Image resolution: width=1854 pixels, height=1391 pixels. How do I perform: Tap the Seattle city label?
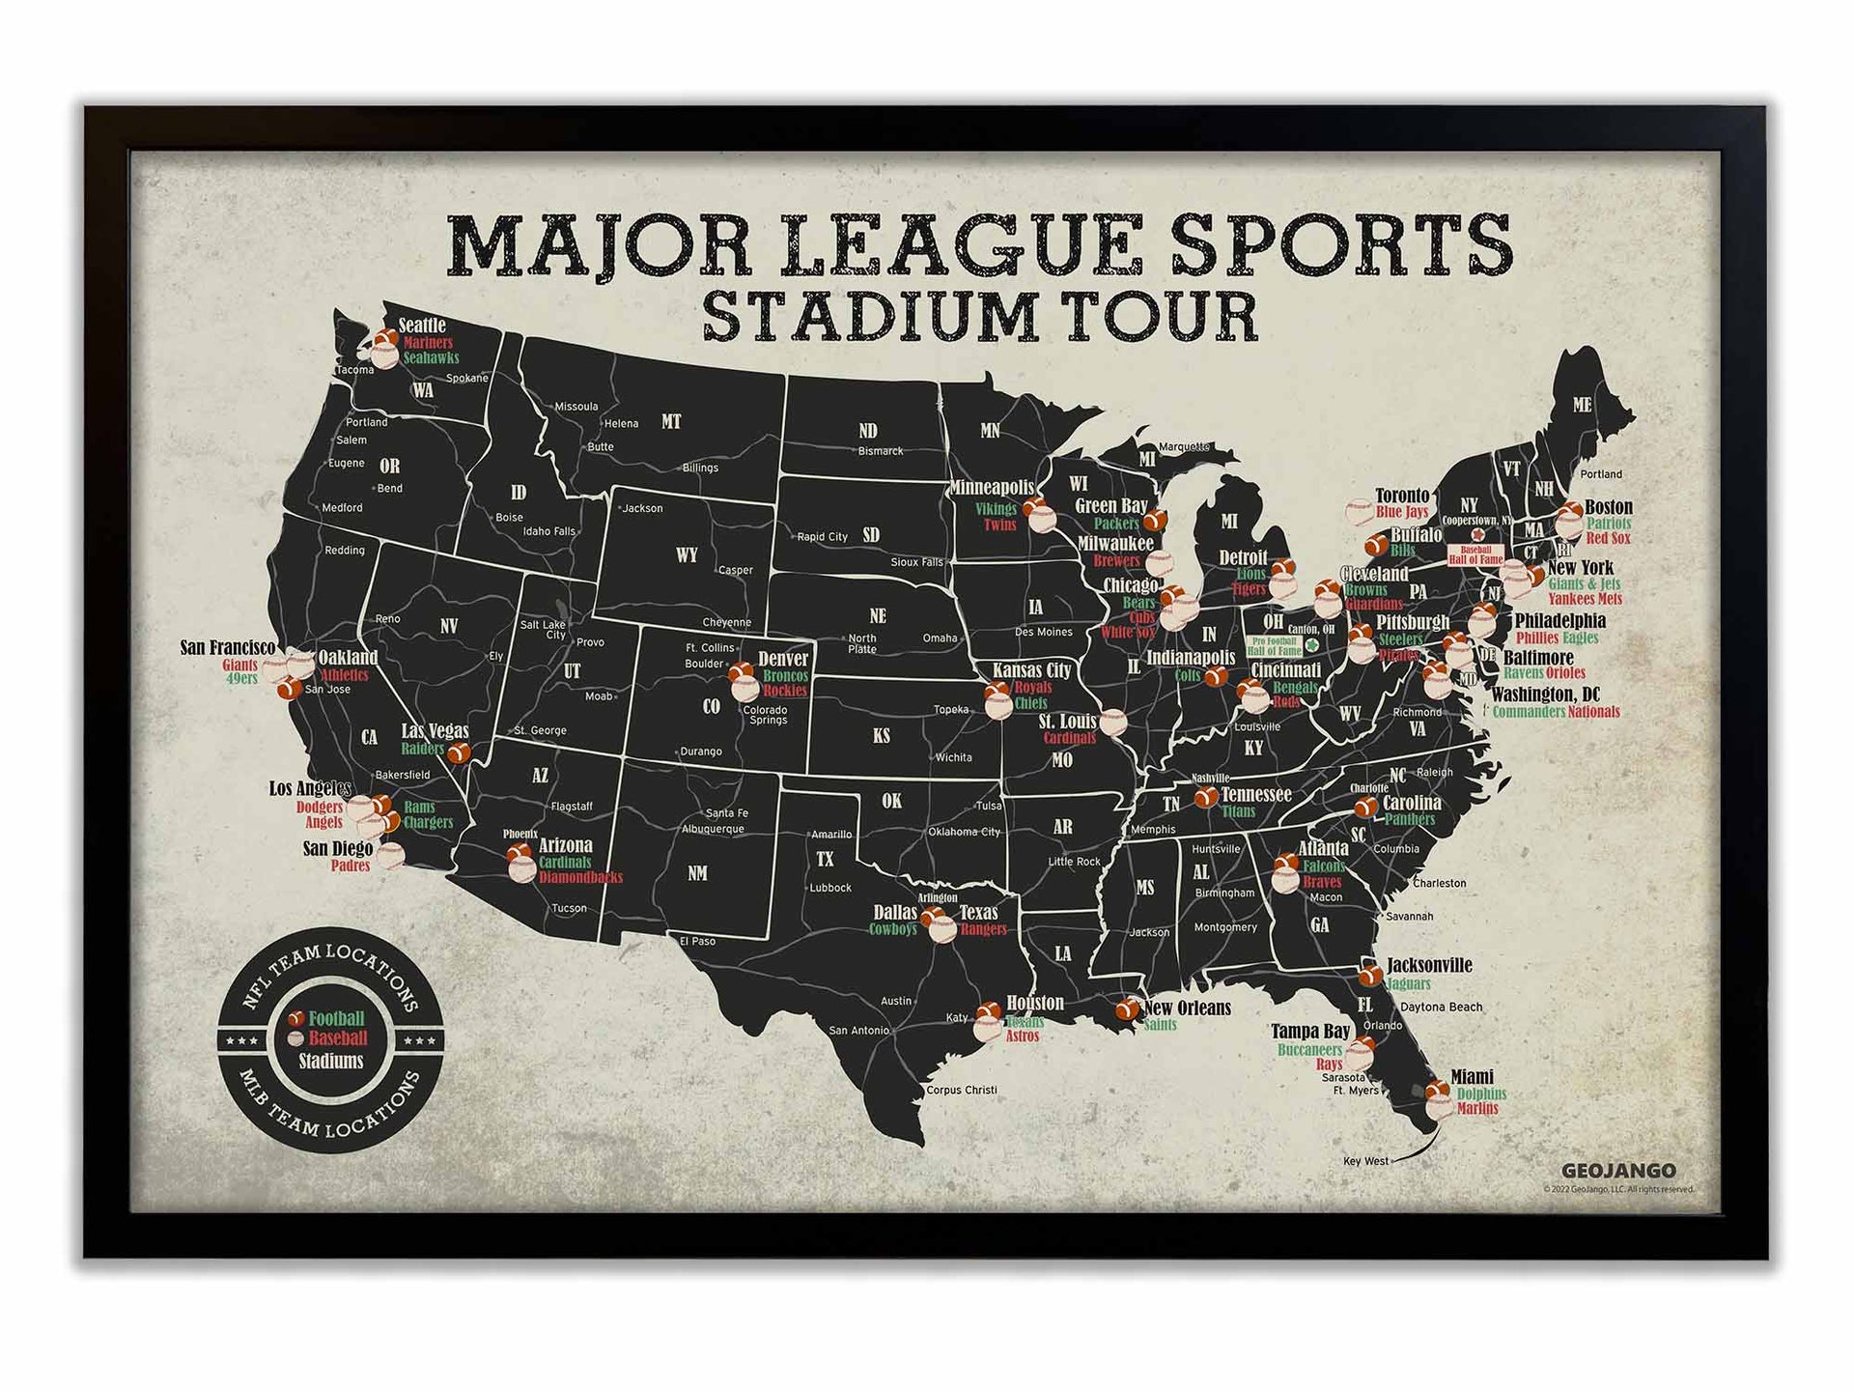(422, 325)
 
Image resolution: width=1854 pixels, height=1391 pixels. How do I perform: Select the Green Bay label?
(1111, 505)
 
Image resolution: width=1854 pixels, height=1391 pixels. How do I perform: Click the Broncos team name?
(785, 675)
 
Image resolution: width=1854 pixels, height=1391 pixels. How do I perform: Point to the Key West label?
(1365, 1161)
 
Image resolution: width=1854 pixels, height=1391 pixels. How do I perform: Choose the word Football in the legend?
(336, 1018)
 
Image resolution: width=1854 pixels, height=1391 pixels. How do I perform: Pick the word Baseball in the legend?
(338, 1038)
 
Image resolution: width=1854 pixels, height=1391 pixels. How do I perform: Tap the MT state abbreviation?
(671, 421)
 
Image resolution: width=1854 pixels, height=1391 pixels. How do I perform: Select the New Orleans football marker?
(1127, 1009)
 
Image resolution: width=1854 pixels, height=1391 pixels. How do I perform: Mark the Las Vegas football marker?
(460, 752)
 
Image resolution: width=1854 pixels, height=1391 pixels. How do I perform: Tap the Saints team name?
(1160, 1025)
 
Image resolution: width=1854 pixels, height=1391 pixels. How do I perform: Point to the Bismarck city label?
(881, 451)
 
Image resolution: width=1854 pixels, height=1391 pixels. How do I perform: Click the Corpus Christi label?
(962, 1090)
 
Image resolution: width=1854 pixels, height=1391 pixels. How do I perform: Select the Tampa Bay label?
(1309, 1032)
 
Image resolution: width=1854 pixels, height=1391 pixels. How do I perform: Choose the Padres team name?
(351, 866)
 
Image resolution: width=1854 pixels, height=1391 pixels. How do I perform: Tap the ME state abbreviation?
(1582, 405)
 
